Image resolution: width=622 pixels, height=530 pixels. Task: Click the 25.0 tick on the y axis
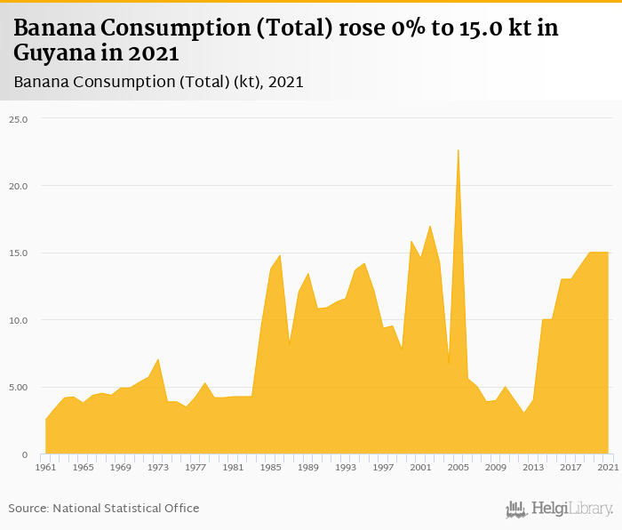[19, 118]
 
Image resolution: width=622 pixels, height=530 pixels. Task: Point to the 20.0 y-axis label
[19, 186]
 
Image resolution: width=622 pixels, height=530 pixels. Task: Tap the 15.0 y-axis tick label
[19, 253]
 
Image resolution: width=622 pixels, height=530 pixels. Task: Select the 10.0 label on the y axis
[19, 320]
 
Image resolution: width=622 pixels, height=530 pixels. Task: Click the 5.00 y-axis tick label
[19, 387]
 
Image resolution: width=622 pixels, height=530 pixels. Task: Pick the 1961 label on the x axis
[45, 467]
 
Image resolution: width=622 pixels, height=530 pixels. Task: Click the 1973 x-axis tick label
[158, 467]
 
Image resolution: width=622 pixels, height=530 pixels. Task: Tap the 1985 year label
[270, 467]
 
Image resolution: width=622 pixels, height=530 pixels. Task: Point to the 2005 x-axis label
[458, 467]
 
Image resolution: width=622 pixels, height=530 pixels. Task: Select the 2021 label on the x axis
[608, 467]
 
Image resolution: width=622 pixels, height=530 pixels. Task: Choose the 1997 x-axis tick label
[383, 467]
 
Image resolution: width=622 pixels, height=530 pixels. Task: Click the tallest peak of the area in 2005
[458, 149]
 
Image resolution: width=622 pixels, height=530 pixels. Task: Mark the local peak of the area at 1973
[158, 359]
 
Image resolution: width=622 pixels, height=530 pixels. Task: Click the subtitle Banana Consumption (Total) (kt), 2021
[158, 82]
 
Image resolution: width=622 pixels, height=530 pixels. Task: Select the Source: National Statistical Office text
[104, 508]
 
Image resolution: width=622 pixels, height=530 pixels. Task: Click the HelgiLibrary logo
[560, 509]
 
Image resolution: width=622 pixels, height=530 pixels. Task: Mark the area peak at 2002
[430, 225]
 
